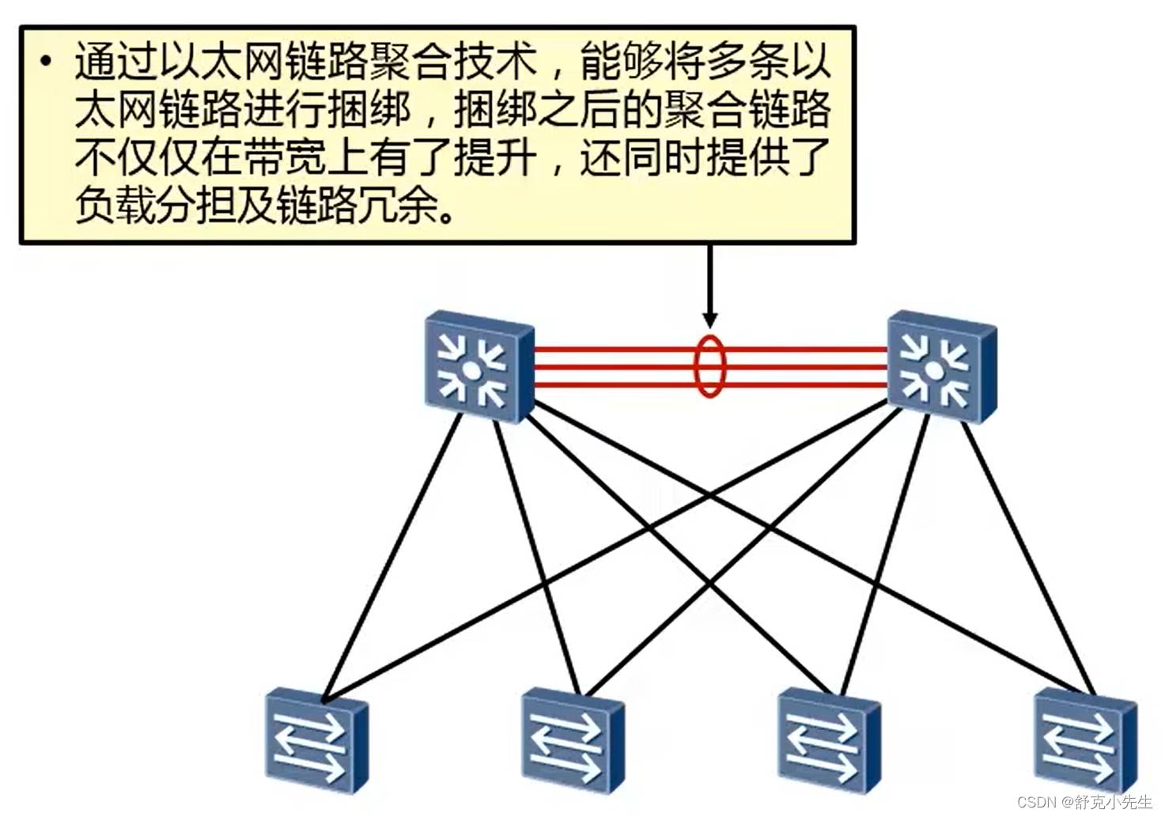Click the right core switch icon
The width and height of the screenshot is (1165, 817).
[x=940, y=368]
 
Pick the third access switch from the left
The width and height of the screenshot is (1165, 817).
[x=828, y=739]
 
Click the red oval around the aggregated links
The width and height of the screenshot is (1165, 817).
[x=709, y=366]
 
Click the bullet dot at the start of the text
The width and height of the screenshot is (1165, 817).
[x=47, y=62]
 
